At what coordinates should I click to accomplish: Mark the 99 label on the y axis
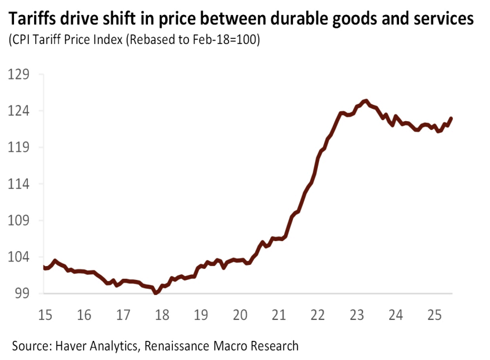click(x=23, y=293)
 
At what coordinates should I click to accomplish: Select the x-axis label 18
click(x=162, y=315)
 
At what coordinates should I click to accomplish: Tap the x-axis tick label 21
click(x=279, y=315)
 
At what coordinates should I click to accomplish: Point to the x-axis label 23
click(x=357, y=315)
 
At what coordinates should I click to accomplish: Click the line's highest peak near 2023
click(x=365, y=101)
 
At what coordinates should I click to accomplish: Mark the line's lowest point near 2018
click(x=155, y=293)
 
